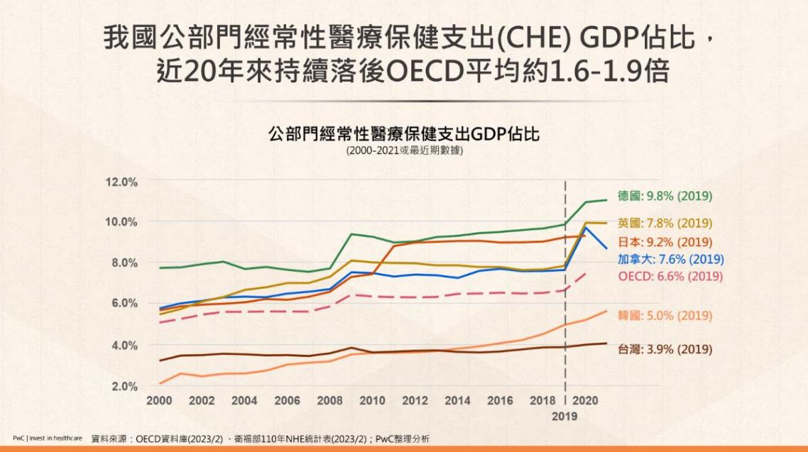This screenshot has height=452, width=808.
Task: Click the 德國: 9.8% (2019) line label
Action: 665,196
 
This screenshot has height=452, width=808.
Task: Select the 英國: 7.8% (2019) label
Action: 665,223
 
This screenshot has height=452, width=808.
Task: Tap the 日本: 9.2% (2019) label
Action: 665,241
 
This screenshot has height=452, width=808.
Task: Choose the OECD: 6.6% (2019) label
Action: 665,276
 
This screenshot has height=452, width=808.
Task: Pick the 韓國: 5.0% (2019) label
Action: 665,316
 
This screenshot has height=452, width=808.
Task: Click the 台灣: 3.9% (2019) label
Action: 665,349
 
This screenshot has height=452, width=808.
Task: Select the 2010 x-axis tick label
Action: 372,401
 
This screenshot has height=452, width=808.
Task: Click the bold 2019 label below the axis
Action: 565,417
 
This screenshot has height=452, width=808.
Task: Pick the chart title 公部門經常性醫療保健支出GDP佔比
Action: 403,135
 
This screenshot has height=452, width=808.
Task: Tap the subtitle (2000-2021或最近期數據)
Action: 404,150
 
